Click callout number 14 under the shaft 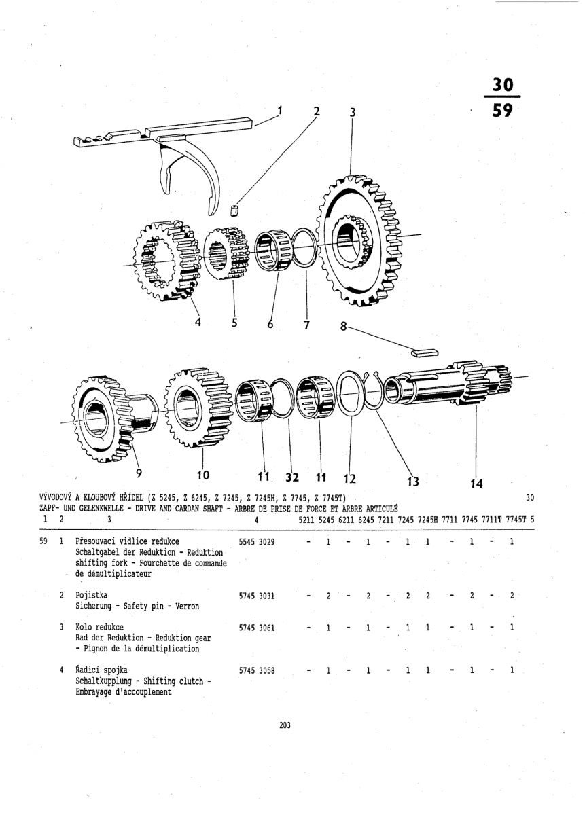[476, 484]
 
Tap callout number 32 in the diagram [292, 476]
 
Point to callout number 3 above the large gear [352, 113]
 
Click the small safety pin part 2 [235, 209]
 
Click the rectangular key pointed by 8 [425, 352]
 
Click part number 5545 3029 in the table [257, 542]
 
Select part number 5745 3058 [257, 670]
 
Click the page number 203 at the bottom [285, 725]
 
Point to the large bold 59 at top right [503, 110]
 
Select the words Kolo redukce [99, 627]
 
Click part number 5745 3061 [257, 628]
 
